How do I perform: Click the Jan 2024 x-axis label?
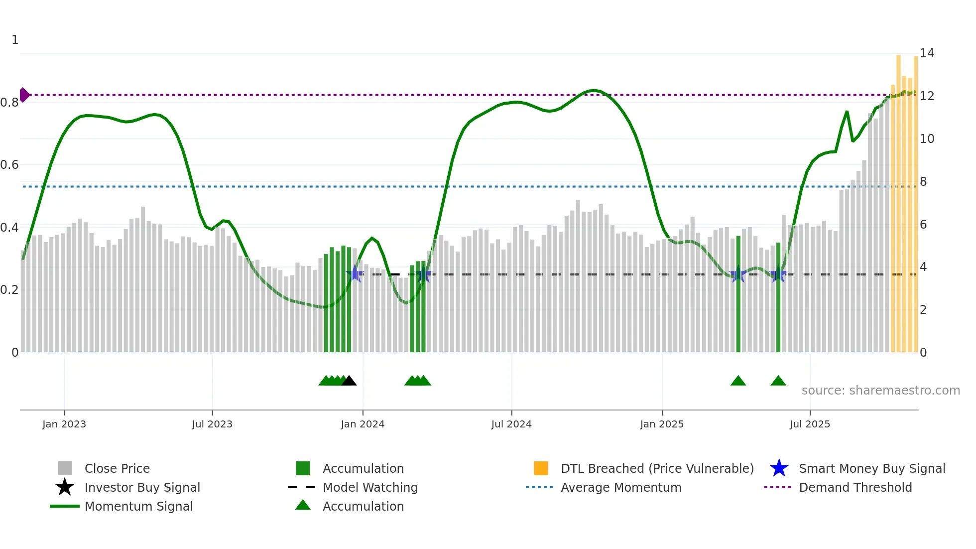(363, 424)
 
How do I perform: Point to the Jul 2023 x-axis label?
(212, 424)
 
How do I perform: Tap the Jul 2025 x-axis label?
(810, 424)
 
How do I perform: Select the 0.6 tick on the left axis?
(9, 165)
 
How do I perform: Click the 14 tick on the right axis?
(927, 53)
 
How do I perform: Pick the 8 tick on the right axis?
(923, 182)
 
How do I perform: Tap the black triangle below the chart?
(349, 381)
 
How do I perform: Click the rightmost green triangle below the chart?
(778, 381)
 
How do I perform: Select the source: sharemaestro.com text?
(880, 391)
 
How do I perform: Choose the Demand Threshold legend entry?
(855, 487)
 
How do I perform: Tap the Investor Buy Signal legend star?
(65, 487)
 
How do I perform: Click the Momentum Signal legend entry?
(138, 506)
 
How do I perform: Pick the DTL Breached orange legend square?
(541, 468)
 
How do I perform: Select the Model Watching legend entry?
(369, 487)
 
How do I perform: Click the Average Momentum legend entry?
(620, 487)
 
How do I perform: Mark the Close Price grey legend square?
(65, 468)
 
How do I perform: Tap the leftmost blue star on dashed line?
(356, 274)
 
